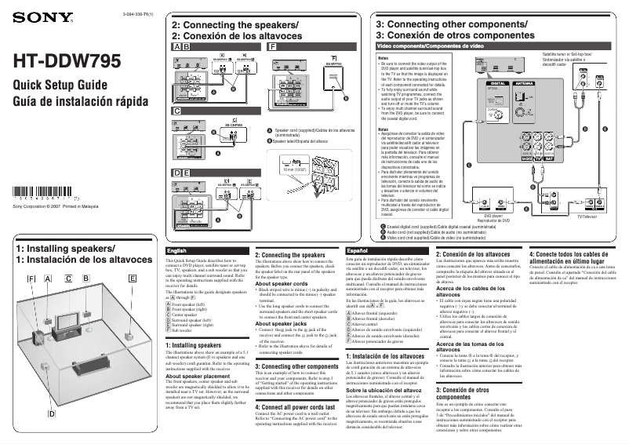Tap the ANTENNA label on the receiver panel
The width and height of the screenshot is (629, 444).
pyautogui.click(x=523, y=82)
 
